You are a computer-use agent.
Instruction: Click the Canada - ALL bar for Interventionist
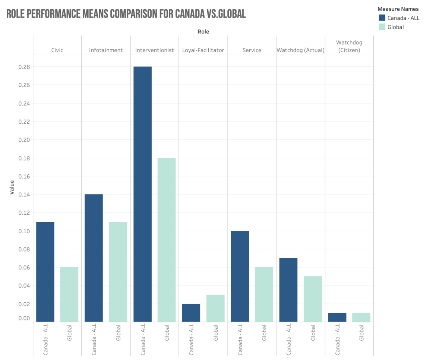pyautogui.click(x=142, y=194)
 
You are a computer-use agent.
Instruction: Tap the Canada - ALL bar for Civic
pyautogui.click(x=45, y=272)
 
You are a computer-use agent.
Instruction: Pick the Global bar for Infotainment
pyautogui.click(x=118, y=272)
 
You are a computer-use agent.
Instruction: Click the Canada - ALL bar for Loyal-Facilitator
pyautogui.click(x=191, y=313)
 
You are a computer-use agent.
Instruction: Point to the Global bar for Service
pyautogui.click(x=264, y=294)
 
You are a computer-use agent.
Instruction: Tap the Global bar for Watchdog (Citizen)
pyautogui.click(x=361, y=317)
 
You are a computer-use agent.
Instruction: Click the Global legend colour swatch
pyautogui.click(x=382, y=27)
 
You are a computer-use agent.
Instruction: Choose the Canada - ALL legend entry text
pyautogui.click(x=403, y=18)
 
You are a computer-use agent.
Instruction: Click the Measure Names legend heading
pyautogui.click(x=398, y=9)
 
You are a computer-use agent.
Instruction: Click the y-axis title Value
pyautogui.click(x=12, y=187)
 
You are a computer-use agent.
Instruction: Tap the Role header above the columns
pyautogui.click(x=203, y=32)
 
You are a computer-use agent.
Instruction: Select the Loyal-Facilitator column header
pyautogui.click(x=203, y=50)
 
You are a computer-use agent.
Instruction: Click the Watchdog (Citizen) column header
pyautogui.click(x=349, y=46)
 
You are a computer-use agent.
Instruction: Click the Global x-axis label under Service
pyautogui.click(x=264, y=333)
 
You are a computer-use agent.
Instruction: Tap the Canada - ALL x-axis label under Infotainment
pyautogui.click(x=94, y=339)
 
